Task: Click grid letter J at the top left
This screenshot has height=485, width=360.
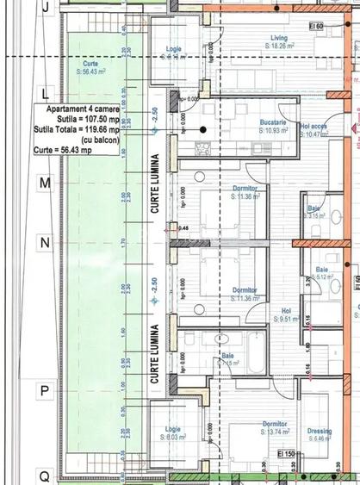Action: coord(45,5)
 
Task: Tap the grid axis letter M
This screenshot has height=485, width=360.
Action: coord(45,183)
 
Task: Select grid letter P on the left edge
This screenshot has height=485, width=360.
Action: coord(45,390)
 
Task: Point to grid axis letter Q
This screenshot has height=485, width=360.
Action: coord(45,476)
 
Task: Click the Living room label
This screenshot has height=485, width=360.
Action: coord(279,39)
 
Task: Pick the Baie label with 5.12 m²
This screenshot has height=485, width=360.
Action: coord(321,270)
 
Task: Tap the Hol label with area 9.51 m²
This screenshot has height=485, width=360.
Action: coord(287,312)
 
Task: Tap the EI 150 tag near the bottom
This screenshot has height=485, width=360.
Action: coord(286,454)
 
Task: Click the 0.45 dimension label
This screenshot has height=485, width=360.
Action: coord(183,227)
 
